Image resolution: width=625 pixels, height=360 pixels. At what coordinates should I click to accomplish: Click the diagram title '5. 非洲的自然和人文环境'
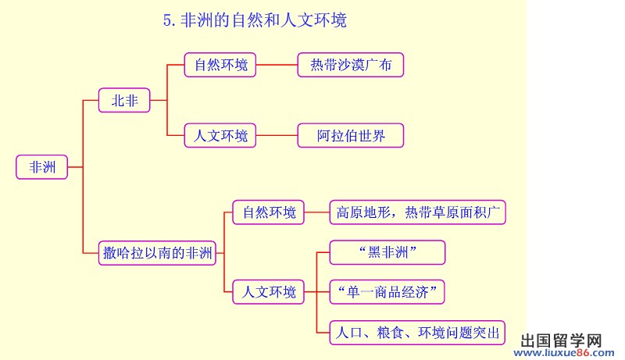tap(255, 20)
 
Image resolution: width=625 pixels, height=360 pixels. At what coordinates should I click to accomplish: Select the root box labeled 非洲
tap(42, 167)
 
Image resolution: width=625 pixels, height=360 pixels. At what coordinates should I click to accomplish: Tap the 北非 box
tap(124, 101)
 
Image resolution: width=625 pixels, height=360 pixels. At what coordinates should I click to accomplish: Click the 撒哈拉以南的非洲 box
tap(158, 253)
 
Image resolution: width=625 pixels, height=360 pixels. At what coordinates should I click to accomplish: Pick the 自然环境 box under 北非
tap(220, 65)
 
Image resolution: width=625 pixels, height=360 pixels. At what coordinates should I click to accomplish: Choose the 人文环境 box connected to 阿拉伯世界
tap(220, 135)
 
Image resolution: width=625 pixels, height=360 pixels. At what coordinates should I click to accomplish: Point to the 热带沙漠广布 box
tap(351, 65)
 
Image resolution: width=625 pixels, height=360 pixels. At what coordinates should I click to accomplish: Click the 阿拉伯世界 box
tap(351, 135)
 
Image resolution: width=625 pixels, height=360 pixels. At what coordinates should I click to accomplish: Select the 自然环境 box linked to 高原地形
tap(269, 212)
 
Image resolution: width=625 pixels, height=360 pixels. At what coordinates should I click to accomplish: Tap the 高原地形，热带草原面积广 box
tap(418, 212)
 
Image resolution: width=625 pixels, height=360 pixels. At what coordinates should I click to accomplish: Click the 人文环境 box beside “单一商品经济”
tap(269, 292)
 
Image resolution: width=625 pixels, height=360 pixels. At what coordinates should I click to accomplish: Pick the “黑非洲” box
tap(387, 252)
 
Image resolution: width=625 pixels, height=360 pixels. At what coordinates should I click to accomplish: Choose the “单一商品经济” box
tap(387, 292)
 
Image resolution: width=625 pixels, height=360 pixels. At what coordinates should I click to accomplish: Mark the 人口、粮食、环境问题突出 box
tap(417, 333)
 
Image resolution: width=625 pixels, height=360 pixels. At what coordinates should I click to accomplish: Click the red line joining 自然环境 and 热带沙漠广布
tap(277, 65)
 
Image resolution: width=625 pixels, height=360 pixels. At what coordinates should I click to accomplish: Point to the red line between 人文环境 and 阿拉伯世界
tap(277, 135)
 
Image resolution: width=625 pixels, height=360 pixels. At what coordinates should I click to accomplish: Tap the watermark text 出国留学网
tap(561, 341)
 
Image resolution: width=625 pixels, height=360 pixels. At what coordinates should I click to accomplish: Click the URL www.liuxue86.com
tap(564, 353)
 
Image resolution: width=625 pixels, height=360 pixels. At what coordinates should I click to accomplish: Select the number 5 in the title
tap(167, 20)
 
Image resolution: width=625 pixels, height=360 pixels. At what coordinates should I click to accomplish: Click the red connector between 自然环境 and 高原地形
tap(317, 212)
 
